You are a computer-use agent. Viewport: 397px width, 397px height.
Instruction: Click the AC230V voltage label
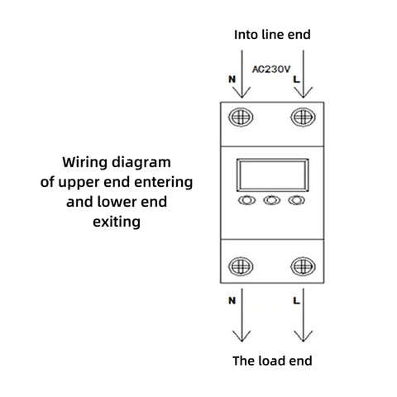[271, 69]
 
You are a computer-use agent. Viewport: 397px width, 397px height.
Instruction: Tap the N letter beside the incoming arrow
[232, 79]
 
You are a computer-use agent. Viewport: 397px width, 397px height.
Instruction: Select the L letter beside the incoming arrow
[296, 79]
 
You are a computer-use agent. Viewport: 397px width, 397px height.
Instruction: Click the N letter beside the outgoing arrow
[232, 300]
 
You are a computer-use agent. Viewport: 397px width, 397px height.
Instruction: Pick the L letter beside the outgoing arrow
[296, 300]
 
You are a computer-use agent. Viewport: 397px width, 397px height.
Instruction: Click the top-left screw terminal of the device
[241, 117]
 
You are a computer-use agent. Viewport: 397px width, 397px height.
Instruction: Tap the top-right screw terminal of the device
[304, 117]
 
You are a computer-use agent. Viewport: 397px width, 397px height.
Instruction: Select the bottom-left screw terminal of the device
[241, 266]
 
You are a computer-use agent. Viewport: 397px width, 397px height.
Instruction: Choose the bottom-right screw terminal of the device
[304, 266]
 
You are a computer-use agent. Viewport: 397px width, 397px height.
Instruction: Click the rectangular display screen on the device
[273, 159]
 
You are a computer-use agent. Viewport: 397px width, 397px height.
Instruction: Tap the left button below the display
[246, 200]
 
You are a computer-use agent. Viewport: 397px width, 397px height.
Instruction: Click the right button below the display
[297, 200]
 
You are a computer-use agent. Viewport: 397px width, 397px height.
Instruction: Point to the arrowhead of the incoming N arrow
[242, 97]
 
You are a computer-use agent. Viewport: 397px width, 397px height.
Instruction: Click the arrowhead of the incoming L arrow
[304, 97]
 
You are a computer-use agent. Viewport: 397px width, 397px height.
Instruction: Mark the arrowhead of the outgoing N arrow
[242, 341]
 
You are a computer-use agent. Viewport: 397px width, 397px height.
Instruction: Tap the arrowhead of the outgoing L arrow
[304, 341]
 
